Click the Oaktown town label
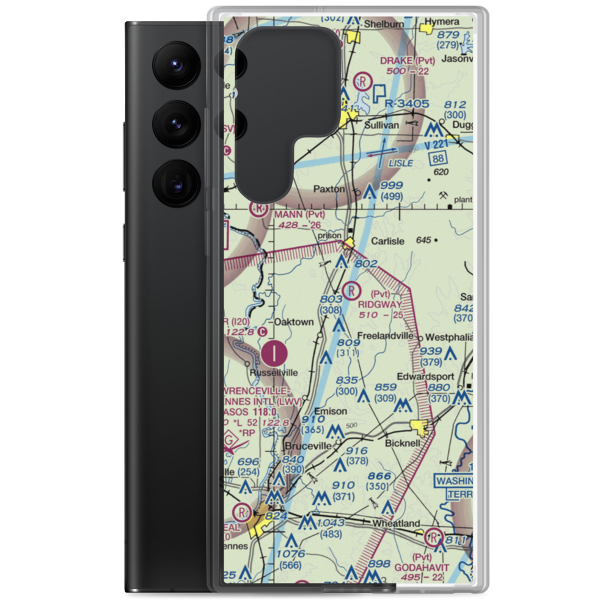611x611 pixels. (x=294, y=322)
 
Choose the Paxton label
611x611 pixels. (x=329, y=189)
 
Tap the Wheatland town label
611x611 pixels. (x=397, y=523)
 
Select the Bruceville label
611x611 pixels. (x=309, y=446)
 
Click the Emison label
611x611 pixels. (x=330, y=411)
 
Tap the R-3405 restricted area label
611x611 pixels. (x=407, y=104)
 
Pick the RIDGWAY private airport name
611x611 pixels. (x=380, y=304)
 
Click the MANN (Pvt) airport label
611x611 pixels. (x=299, y=214)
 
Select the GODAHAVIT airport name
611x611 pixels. (x=426, y=567)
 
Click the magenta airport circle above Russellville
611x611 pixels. (x=277, y=352)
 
